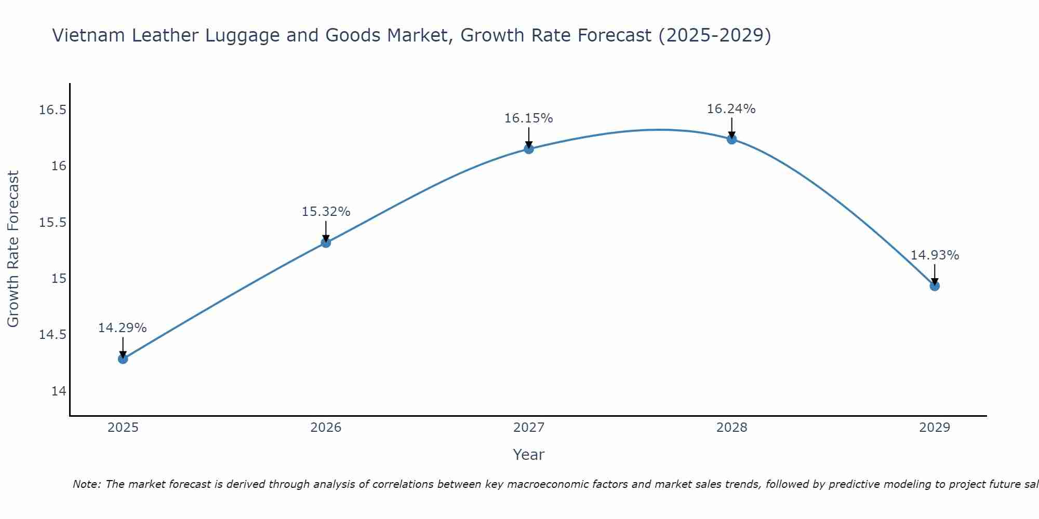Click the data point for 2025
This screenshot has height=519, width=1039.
[123, 359]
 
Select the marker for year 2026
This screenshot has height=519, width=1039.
[326, 242]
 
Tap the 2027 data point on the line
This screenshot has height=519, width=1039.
[529, 149]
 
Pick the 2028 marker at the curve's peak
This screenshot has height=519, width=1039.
[731, 139]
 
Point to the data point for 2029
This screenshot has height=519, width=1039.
[935, 286]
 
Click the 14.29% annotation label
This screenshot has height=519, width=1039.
[123, 328]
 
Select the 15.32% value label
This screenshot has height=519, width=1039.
[326, 212]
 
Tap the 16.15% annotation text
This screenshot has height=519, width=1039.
[528, 118]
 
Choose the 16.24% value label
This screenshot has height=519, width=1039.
[731, 109]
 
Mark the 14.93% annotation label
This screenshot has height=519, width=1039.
[935, 255]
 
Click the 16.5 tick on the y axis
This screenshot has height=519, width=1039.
[53, 110]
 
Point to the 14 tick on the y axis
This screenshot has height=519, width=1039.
[59, 391]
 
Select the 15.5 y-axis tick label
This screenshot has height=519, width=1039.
[53, 223]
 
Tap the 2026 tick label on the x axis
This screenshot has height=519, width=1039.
[326, 428]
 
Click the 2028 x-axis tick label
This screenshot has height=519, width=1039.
[731, 428]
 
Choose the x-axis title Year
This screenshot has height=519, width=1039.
[528, 455]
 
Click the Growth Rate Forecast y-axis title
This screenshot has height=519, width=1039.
[13, 249]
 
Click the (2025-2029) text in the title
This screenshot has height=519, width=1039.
[715, 36]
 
